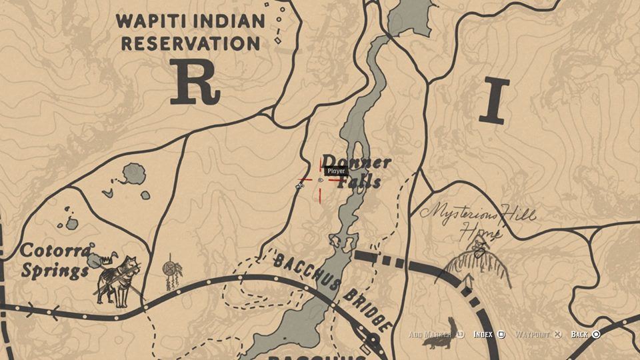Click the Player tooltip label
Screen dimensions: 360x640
(336, 171)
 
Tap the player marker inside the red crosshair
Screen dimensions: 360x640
(321, 180)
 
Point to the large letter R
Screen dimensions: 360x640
(194, 83)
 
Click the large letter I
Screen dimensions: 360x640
(493, 101)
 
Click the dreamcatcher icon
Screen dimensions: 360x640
(171, 270)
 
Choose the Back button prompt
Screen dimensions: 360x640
(585, 334)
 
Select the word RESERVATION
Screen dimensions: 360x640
(190, 43)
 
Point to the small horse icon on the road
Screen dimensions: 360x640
(299, 187)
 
